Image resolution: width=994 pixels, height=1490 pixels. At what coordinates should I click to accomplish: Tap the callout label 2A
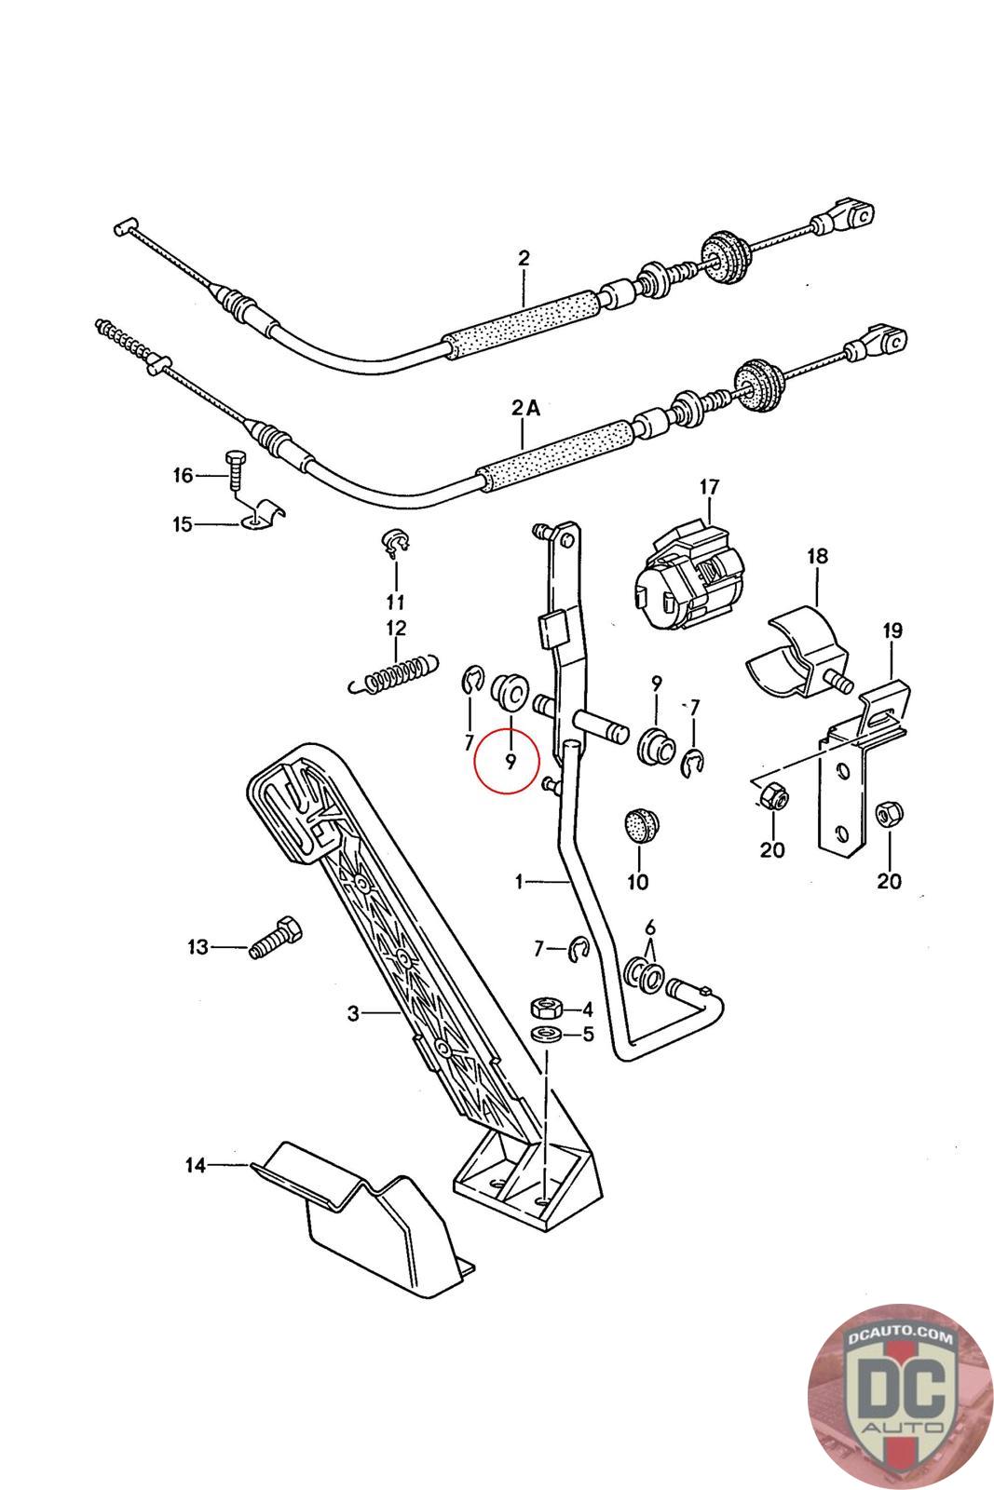pos(524,407)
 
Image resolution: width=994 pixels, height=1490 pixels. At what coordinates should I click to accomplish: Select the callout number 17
pos(709,487)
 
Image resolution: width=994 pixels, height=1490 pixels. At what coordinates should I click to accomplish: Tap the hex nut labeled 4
pos(546,1008)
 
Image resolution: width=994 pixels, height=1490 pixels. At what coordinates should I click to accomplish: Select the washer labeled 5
pos(547,1035)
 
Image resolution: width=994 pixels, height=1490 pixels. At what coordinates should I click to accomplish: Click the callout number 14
pos(195,1164)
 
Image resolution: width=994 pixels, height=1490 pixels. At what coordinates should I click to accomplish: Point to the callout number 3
pos(353,1013)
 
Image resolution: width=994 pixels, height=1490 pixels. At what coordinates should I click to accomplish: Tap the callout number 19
pos(892,631)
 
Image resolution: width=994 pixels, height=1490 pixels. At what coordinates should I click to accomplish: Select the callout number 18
pos(817,557)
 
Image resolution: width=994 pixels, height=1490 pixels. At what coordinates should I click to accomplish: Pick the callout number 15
pos(182,524)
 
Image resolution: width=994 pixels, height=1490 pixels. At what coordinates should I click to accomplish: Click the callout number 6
pos(650,927)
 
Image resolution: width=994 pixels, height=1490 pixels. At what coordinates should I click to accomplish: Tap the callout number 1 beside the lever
pos(520,881)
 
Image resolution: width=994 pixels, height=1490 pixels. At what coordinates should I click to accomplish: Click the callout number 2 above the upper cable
pos(524,257)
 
